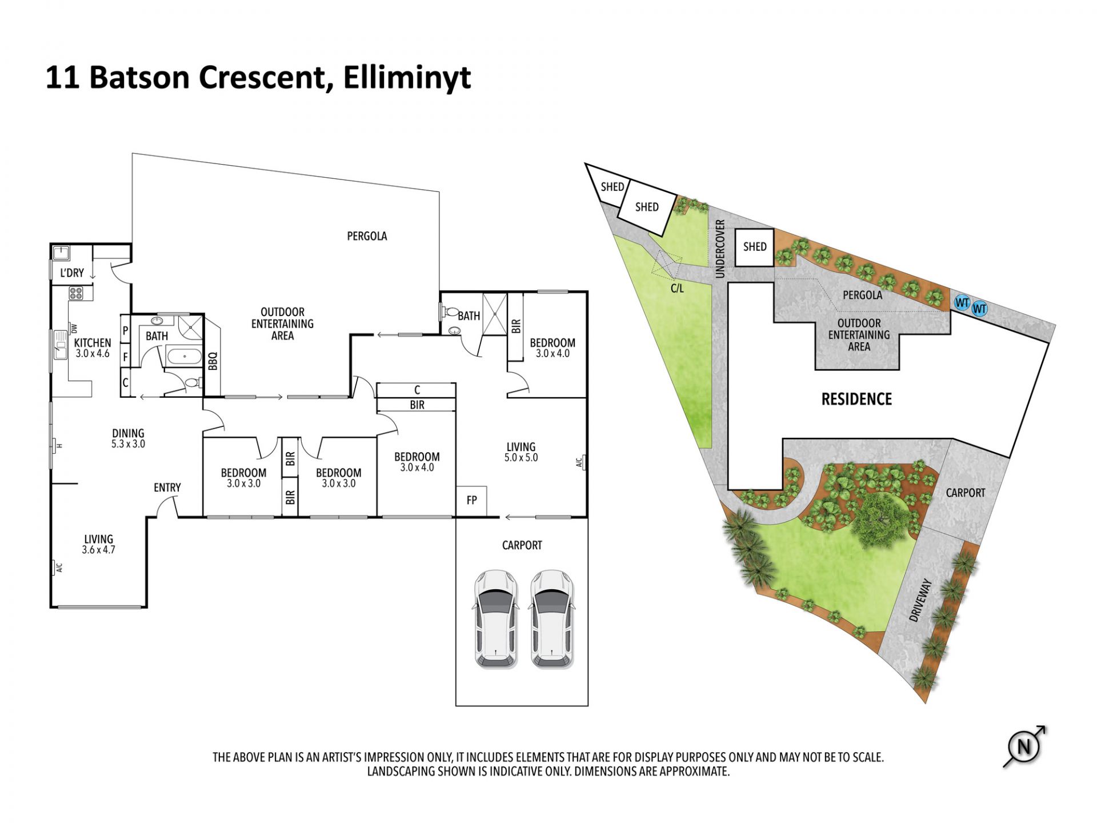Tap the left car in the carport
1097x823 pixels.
tap(495, 619)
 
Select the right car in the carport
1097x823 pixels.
tap(551, 619)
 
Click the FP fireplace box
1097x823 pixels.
tap(471, 501)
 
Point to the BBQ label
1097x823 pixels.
tap(213, 361)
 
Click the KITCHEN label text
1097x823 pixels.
tap(93, 343)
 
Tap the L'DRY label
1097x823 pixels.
tap(72, 273)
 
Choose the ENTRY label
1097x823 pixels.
tap(167, 488)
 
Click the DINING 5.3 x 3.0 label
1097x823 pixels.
tap(128, 438)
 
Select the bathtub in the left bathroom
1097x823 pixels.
tap(184, 358)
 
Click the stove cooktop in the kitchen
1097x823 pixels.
tap(77, 293)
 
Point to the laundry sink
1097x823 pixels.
tap(61, 253)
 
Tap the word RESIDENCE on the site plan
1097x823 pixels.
tap(856, 399)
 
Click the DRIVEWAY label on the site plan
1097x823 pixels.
tap(920, 600)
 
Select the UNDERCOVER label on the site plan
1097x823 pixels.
tap(720, 249)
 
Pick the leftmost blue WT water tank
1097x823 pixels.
tap(962, 302)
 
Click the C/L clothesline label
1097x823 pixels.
tap(677, 289)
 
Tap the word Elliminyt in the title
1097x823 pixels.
tap(407, 78)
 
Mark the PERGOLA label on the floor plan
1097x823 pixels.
tap(367, 236)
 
